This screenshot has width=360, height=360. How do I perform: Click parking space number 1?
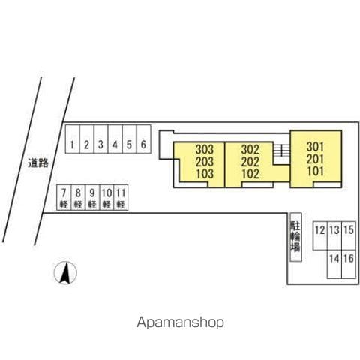(x=73, y=139)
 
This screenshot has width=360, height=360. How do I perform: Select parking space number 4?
(x=115, y=139)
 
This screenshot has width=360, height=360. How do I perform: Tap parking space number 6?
(x=144, y=139)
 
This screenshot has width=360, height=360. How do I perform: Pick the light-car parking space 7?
(x=64, y=197)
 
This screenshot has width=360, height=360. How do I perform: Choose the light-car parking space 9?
(x=92, y=197)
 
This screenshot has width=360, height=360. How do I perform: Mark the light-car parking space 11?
(x=121, y=197)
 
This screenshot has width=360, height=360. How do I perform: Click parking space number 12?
(x=320, y=235)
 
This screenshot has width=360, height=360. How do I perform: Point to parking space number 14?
(x=334, y=264)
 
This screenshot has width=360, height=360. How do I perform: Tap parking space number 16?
(x=349, y=264)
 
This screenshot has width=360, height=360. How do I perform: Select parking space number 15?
(x=349, y=235)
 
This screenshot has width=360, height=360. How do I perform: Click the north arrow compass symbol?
(x=65, y=272)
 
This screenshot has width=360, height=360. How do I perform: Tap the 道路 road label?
(x=38, y=163)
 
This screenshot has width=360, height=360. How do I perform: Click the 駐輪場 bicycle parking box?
(x=295, y=237)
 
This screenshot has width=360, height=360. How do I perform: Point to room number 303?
(x=205, y=149)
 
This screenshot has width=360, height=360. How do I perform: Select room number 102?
(x=250, y=174)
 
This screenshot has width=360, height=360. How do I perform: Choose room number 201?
(x=316, y=159)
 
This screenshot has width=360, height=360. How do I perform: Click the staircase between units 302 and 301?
(x=281, y=150)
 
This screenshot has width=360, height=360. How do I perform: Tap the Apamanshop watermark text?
(x=180, y=322)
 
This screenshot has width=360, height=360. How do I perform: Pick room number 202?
(x=250, y=162)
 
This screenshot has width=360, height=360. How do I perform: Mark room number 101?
(x=316, y=171)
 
